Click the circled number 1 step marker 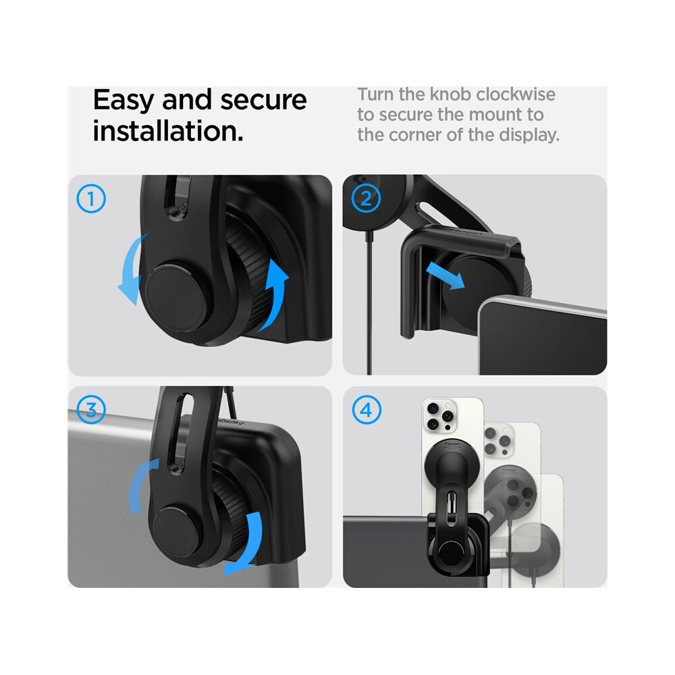(91, 198)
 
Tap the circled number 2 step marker (366, 198)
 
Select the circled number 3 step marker (91, 410)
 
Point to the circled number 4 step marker (367, 410)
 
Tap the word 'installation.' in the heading (168, 131)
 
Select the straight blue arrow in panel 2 (445, 276)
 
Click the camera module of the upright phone (440, 414)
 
